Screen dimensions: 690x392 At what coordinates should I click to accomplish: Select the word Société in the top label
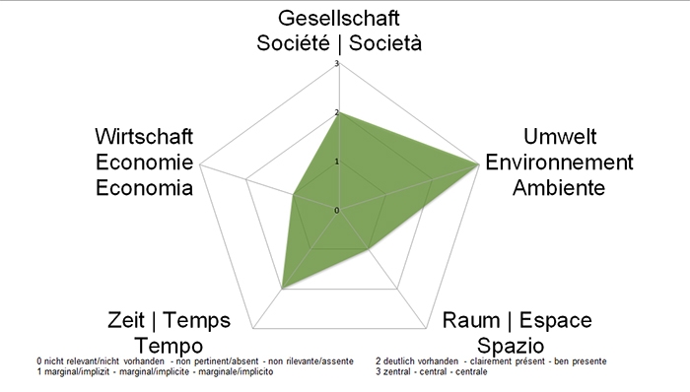(292, 43)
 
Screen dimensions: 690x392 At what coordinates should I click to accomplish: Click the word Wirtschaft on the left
(144, 137)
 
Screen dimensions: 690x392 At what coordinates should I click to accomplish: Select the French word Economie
(144, 162)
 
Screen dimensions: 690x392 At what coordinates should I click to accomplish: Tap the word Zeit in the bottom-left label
(125, 321)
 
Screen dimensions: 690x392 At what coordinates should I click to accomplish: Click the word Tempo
(170, 346)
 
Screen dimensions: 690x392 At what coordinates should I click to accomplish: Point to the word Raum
(470, 321)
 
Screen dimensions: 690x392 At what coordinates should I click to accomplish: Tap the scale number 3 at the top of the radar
(337, 65)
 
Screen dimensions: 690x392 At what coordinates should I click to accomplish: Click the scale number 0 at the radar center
(337, 210)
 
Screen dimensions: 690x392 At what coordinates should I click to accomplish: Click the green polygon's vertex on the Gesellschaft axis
(339, 112)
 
